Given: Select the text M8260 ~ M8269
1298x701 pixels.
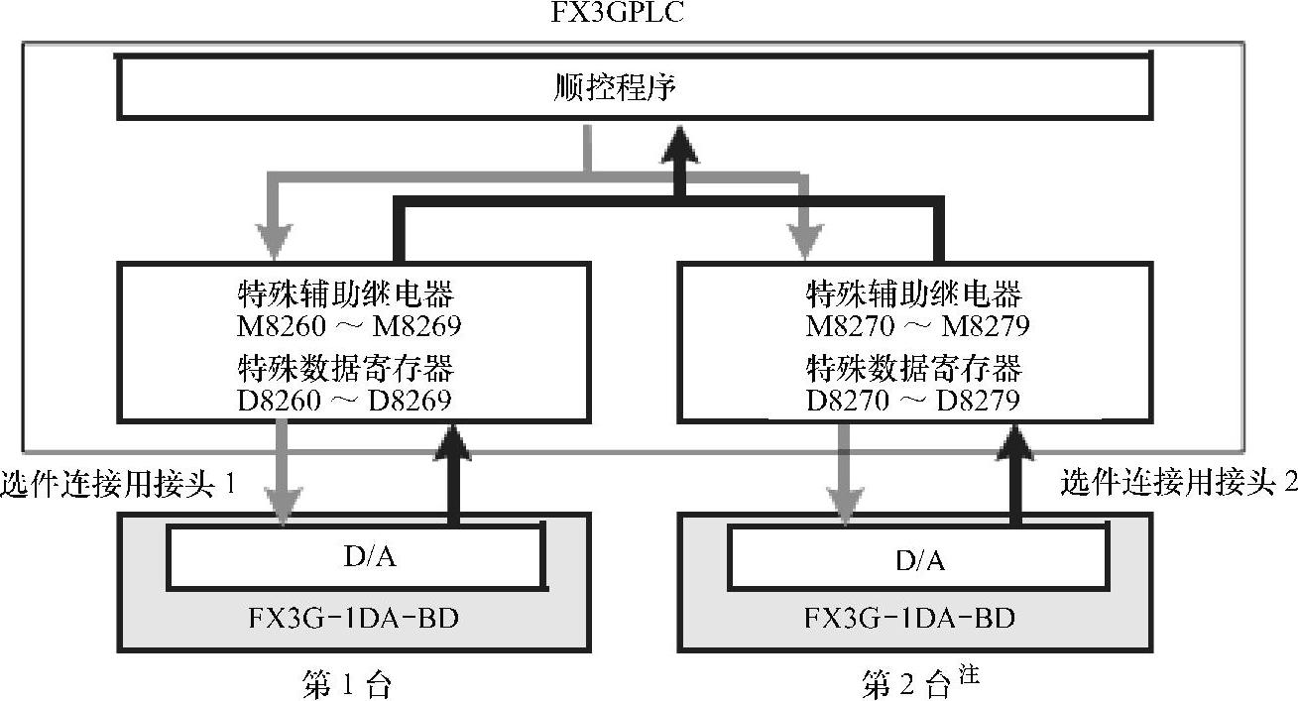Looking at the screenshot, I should tap(350, 325).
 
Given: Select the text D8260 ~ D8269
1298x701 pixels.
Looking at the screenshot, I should tap(345, 400).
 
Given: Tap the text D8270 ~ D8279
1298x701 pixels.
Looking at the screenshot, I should tap(913, 400).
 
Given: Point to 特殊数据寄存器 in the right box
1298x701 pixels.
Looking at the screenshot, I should tap(913, 370).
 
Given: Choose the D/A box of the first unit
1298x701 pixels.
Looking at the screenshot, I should tap(357, 558).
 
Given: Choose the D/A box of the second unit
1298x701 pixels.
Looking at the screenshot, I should tap(920, 560).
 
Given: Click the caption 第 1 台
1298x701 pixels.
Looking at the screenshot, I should tap(346, 685).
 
